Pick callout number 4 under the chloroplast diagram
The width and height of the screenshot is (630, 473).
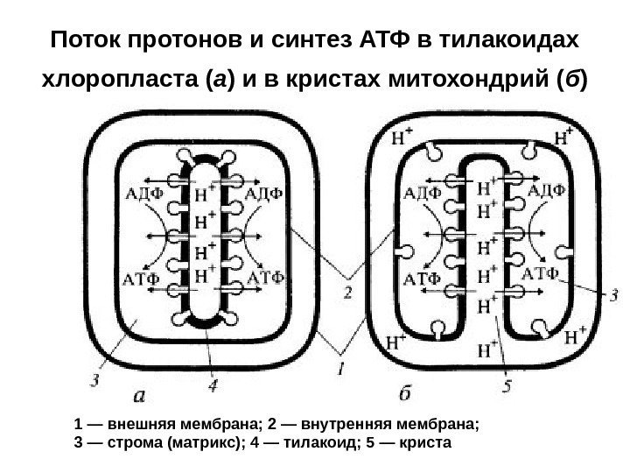tap(213, 384)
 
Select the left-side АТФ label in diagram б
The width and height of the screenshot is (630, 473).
tap(421, 279)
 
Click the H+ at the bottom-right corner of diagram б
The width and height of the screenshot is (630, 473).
tap(575, 335)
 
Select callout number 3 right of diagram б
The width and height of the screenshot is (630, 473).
tap(613, 295)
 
